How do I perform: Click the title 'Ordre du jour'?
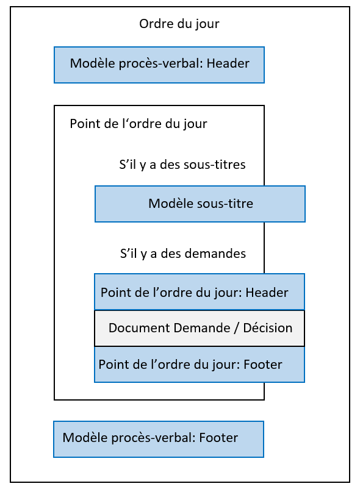[179, 24]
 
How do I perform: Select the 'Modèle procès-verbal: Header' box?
[159, 64]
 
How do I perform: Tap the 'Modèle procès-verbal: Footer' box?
[158, 438]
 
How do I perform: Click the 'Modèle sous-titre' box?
[200, 204]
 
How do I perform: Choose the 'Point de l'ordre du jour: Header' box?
[199, 292]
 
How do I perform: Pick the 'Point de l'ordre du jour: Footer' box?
[199, 365]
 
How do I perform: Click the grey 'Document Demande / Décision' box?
[199, 328]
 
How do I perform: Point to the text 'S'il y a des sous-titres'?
[182, 165]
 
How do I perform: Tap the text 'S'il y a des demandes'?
[182, 253]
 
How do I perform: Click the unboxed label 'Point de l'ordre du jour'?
[139, 124]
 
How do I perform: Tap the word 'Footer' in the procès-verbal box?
[218, 438]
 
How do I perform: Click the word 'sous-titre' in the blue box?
[226, 204]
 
